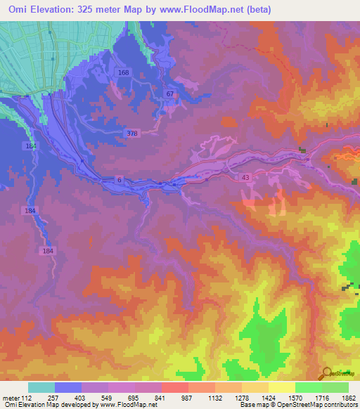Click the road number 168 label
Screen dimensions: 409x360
coord(124,73)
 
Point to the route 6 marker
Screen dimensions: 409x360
coord(120,181)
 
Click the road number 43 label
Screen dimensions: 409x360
coord(245,178)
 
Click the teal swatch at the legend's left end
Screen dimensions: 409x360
coord(41,387)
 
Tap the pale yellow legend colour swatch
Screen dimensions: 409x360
coord(282,387)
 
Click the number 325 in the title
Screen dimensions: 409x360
coord(84,10)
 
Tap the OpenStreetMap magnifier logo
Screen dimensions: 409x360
coord(326,375)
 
